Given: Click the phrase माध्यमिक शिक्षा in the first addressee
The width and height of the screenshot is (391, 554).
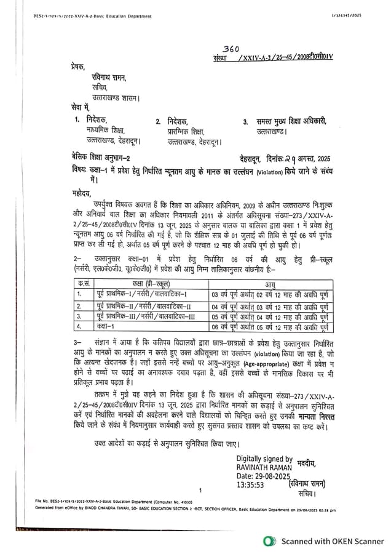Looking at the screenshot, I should (105, 130).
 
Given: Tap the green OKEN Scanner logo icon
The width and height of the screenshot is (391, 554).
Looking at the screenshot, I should (269, 541).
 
